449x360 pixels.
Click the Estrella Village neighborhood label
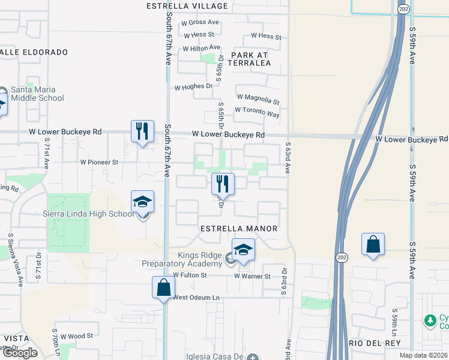click(x=187, y=7)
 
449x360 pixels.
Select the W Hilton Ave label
click(x=202, y=49)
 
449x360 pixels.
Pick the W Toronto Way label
click(x=257, y=111)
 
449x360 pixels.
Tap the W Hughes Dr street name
click(x=193, y=87)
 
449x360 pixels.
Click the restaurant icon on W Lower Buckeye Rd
click(x=142, y=131)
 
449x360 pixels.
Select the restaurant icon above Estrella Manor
click(x=223, y=183)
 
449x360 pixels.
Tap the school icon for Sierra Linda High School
click(x=143, y=202)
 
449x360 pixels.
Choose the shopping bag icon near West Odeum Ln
click(x=163, y=287)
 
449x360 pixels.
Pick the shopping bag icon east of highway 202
click(x=373, y=244)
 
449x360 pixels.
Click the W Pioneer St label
click(x=100, y=162)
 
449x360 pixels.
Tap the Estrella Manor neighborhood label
click(x=239, y=229)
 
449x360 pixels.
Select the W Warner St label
click(x=253, y=277)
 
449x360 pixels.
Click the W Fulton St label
click(x=190, y=275)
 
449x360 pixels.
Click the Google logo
click(x=20, y=353)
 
